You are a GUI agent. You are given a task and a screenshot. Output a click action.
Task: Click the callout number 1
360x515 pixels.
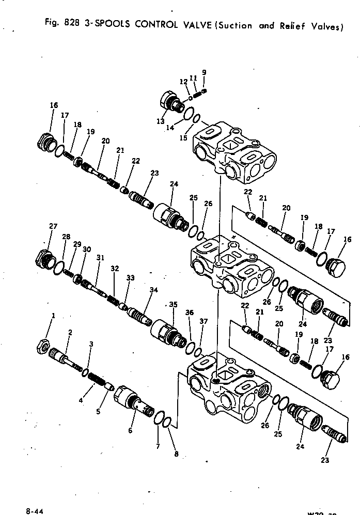point(53,316)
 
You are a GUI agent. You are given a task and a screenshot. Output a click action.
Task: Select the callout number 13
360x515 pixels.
point(161,121)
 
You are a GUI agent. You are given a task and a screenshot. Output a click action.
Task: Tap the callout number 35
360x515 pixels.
point(173,305)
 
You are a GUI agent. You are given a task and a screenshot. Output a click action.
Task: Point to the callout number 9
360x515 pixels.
point(204,72)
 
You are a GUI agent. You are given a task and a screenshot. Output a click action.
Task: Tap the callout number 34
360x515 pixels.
point(153,290)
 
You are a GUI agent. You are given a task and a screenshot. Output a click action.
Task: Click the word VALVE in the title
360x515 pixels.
point(189,24)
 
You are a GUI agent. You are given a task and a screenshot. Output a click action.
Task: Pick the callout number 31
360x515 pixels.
point(100,258)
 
